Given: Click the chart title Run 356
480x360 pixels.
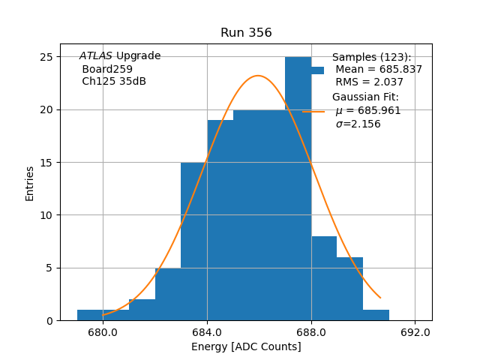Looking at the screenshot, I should point(246,33).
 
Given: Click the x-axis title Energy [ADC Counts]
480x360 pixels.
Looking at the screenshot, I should point(246,346).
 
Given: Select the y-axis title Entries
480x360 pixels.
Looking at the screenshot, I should point(30,183).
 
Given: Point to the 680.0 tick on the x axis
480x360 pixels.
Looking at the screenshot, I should point(103,332).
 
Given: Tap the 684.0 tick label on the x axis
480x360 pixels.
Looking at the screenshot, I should point(207,332).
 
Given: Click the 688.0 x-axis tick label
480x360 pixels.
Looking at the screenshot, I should point(311,332).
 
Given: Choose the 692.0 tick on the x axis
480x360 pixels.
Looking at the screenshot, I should point(415,332).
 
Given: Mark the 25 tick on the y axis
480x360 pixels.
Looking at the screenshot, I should point(46,57).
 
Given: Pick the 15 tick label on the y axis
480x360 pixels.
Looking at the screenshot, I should point(46,163).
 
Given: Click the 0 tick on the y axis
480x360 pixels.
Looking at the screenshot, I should point(49,321).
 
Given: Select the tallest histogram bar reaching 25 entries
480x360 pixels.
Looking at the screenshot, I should point(298,187).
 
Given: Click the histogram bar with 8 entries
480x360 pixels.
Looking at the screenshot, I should point(324,278).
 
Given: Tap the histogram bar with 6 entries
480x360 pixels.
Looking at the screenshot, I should point(349,289).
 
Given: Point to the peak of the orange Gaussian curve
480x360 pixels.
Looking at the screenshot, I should point(258,76).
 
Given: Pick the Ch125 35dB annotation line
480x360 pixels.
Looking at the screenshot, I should point(114,82).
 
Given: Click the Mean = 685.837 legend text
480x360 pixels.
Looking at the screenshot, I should point(379,70).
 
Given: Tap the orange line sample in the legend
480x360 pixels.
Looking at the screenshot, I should point(313,111).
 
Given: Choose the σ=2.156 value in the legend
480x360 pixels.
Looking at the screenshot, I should point(358,124).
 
